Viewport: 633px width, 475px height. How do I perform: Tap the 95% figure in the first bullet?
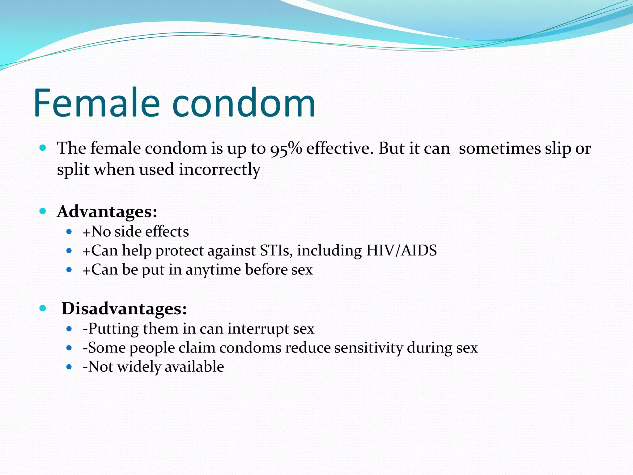pos(286,148)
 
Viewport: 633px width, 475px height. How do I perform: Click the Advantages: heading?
pos(107,212)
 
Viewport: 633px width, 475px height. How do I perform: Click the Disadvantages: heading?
pos(124,309)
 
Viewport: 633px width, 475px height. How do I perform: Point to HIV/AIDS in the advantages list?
pos(401,250)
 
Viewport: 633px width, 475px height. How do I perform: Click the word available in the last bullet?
pos(194,367)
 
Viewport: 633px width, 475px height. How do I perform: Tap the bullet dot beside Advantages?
pos(43,212)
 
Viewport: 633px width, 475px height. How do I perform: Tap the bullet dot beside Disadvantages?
pos(43,308)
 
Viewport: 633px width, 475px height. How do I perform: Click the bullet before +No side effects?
pos(69,232)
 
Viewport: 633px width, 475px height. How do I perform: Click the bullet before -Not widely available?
pos(69,367)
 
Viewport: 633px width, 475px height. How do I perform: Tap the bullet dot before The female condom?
pos(43,148)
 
